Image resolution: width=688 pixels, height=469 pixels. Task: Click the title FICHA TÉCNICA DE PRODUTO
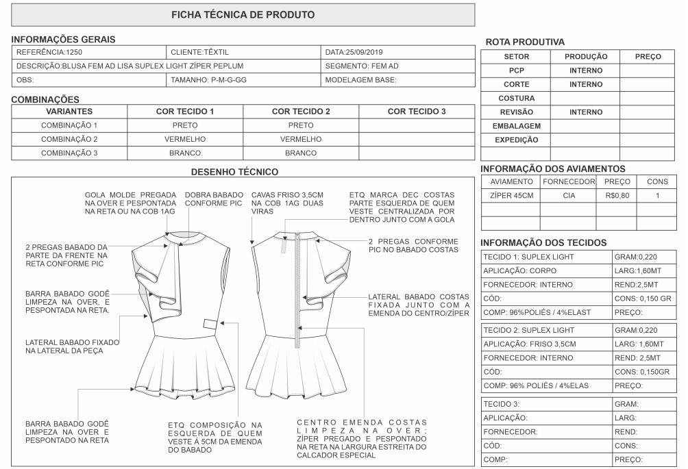coord(243,14)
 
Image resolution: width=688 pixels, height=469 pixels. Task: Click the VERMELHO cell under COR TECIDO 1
coord(185,139)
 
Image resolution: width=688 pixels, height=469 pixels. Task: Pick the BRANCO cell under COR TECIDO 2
coord(301,153)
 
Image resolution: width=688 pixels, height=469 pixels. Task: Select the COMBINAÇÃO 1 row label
coord(69,125)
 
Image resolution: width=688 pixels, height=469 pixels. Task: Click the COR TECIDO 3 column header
coord(417,111)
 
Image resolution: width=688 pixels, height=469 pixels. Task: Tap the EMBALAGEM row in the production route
coord(516,126)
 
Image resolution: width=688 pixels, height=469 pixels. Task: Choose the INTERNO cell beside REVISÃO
coord(585,112)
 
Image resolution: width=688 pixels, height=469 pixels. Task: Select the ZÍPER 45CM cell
coord(511,196)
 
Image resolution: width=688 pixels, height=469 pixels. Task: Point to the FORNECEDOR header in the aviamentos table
coord(568,182)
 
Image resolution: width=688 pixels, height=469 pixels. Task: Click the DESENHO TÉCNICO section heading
coord(234,171)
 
